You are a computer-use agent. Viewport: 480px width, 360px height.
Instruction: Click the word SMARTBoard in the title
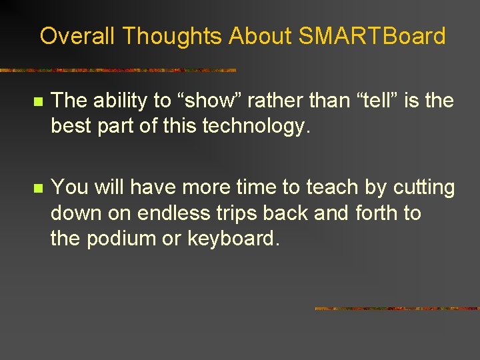371,36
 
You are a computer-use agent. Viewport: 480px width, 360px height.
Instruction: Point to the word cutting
423,187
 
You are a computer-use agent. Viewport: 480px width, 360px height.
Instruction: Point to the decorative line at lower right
397,309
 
